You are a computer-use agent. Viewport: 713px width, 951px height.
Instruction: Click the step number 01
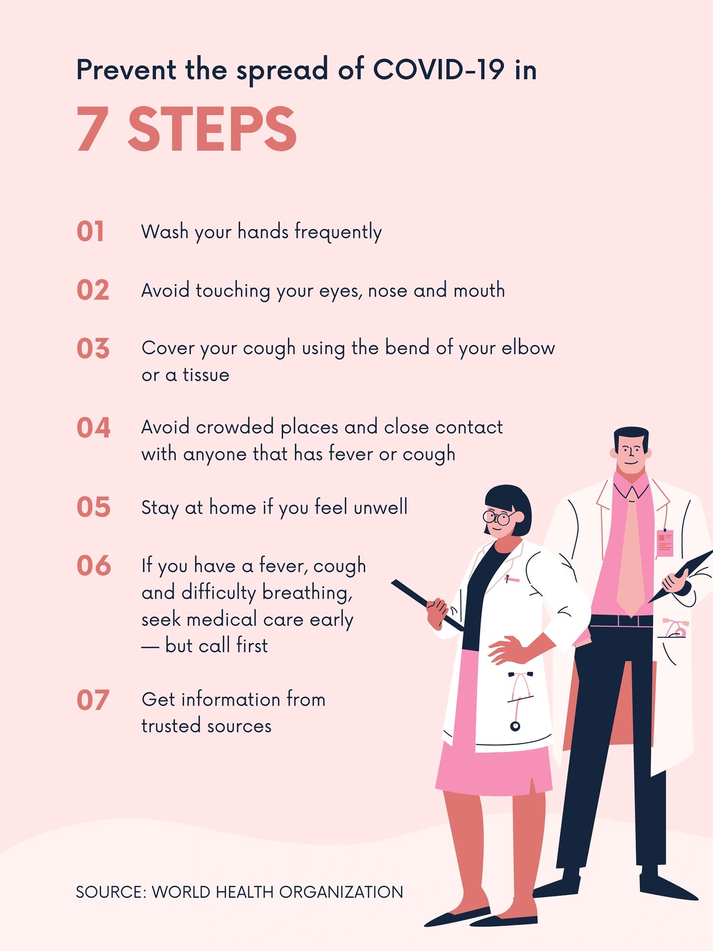(90, 231)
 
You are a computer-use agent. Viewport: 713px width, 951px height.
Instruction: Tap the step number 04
(94, 428)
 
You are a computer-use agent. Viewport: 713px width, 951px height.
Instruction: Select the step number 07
(93, 700)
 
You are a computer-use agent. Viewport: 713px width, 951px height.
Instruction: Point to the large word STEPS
(212, 129)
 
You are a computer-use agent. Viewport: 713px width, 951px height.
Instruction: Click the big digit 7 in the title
(92, 129)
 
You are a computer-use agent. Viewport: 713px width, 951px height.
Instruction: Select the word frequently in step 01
(338, 232)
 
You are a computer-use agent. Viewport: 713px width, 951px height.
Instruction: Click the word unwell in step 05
(381, 507)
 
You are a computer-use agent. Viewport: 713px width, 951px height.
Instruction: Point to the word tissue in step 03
(206, 375)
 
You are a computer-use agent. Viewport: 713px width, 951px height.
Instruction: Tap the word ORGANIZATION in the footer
(341, 892)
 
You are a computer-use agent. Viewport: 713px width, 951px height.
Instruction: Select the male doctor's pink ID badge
(665, 541)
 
